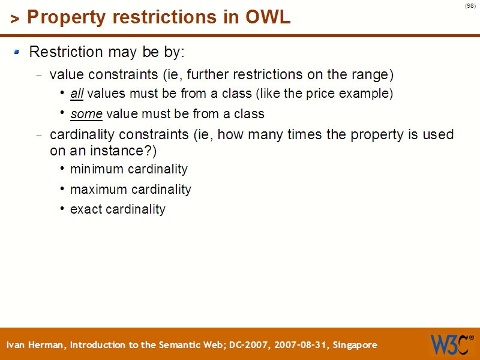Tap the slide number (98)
pos(470,6)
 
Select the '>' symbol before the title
pos(15,19)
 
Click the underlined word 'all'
pos(77,94)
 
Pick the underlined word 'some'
pos(86,113)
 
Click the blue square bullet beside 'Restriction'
pos(17,52)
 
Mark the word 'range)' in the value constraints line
pos(374,75)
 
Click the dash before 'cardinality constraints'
pos(40,136)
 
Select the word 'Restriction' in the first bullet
pos(66,52)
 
